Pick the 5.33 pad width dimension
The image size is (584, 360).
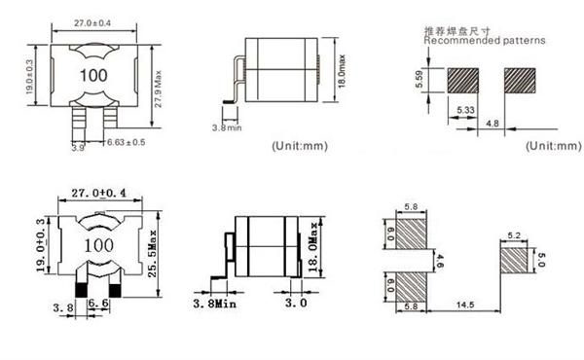click(466, 113)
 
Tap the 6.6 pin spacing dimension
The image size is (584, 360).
click(98, 305)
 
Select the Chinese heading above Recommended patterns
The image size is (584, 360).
click(459, 31)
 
